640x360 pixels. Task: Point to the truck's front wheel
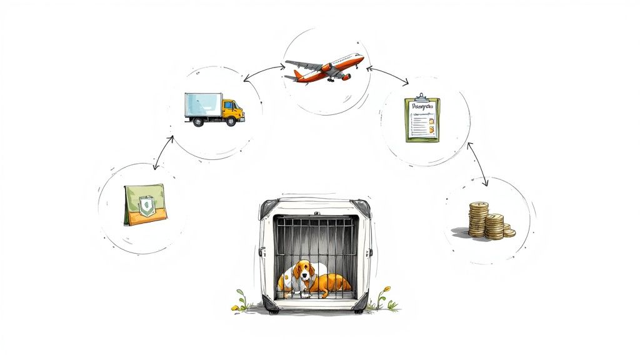tap(231, 121)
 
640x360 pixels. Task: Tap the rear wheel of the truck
tap(198, 122)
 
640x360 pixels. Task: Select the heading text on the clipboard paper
tap(422, 107)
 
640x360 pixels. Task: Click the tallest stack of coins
tap(478, 218)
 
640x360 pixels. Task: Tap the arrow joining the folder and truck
tap(163, 150)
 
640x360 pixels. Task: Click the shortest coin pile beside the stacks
tap(509, 232)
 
